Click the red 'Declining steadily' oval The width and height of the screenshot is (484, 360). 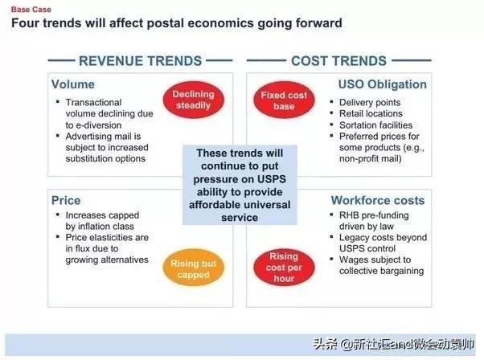click(194, 100)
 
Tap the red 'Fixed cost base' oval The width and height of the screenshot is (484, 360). click(284, 100)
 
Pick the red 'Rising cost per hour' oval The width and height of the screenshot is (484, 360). click(284, 268)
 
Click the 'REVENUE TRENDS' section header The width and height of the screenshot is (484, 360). click(141, 61)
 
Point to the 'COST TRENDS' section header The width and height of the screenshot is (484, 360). click(338, 61)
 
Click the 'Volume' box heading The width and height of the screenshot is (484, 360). click(73, 84)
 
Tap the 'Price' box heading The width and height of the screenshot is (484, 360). click(66, 201)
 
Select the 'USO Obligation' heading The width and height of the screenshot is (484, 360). click(383, 84)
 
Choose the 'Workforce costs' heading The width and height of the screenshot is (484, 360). click(378, 201)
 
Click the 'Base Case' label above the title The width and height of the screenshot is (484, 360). click(31, 10)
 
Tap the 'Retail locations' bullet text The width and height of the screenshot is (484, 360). click(371, 113)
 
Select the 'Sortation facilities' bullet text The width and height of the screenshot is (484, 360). click(375, 125)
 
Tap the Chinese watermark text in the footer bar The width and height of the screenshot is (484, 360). click(393, 344)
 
